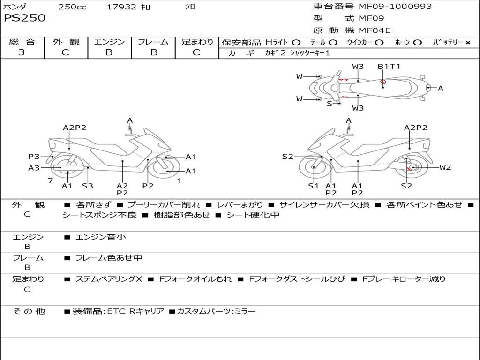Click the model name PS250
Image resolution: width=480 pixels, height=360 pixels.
pyautogui.click(x=24, y=18)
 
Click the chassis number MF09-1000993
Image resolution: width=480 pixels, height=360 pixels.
pyautogui.click(x=395, y=6)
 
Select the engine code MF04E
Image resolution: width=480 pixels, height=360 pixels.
pyautogui.click(x=375, y=30)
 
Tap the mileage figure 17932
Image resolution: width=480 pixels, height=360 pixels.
pyautogui.click(x=121, y=7)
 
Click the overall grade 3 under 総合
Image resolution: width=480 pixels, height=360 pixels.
pyautogui.click(x=22, y=52)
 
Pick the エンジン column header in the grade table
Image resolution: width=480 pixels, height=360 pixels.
pyautogui.click(x=109, y=42)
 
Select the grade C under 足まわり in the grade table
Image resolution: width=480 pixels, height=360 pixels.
pyautogui.click(x=196, y=52)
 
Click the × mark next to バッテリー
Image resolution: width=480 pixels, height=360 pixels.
pyautogui.click(x=467, y=43)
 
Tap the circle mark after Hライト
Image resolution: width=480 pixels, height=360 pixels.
pyautogui.click(x=296, y=42)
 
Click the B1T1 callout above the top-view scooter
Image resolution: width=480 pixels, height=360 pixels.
pyautogui.click(x=389, y=66)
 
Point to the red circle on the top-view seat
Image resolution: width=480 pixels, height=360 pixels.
pyautogui.click(x=382, y=82)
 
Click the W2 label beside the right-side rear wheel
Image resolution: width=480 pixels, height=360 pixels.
pyautogui.click(x=445, y=167)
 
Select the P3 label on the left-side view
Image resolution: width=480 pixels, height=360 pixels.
pyautogui.click(x=34, y=157)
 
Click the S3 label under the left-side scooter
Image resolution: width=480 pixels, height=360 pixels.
pyautogui.click(x=88, y=186)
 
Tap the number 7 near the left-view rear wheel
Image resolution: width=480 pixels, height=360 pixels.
pyautogui.click(x=51, y=180)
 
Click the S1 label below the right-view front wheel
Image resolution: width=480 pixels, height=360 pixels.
pyautogui.click(x=313, y=186)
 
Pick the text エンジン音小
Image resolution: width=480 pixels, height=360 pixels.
pyautogui.click(x=100, y=237)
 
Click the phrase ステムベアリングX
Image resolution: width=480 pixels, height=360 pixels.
pyautogui.click(x=109, y=279)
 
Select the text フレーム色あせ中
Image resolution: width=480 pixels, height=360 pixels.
pyautogui.click(x=109, y=258)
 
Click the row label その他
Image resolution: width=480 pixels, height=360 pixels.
pyautogui.click(x=29, y=311)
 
